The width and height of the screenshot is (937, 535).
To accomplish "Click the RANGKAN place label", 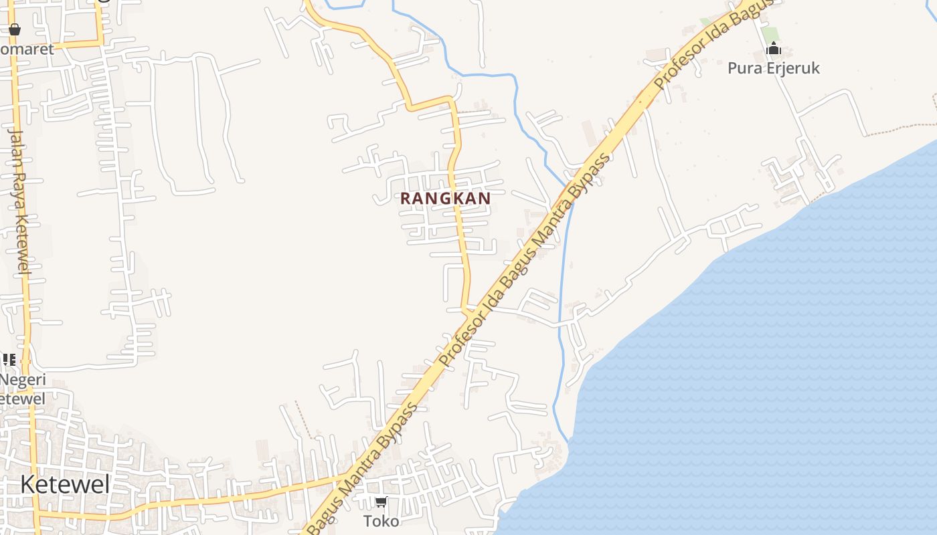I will [445, 199].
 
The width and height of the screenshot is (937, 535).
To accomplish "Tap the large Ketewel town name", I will [64, 484].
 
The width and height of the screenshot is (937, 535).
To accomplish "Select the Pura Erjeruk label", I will [773, 68].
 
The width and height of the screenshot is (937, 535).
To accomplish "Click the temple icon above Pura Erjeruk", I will [774, 49].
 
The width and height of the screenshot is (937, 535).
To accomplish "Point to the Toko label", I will [381, 521].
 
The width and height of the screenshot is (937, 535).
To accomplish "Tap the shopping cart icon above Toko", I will [381, 502].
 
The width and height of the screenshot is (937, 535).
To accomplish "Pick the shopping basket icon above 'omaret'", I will [15, 29].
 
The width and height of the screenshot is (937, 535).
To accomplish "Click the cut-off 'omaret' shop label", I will [27, 49].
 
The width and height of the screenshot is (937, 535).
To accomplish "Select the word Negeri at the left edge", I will [23, 380].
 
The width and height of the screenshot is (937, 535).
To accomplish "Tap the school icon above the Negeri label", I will [9, 360].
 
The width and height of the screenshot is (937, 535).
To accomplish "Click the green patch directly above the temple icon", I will [770, 33].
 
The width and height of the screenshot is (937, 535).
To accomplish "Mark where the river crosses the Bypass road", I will [568, 190].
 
